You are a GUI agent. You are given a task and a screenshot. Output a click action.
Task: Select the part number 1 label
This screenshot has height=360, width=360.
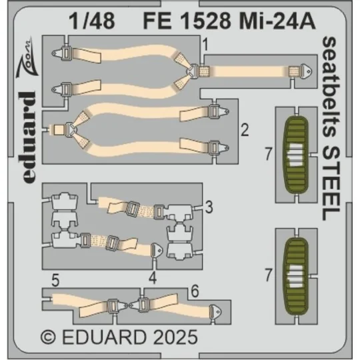tap(208, 46)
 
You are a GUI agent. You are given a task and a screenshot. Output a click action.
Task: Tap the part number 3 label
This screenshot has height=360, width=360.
tap(209, 208)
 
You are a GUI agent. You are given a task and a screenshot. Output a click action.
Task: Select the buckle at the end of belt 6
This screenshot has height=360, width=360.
tap(217, 310)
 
